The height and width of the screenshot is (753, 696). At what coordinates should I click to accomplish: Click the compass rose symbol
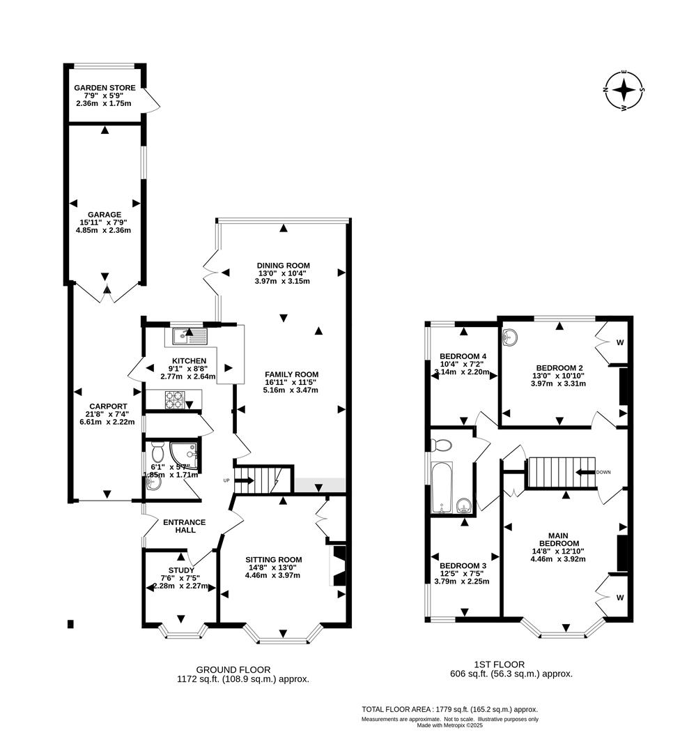(625, 91)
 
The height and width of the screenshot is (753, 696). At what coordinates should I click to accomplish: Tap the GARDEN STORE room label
(105, 88)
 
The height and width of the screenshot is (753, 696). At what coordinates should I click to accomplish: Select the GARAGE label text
(105, 215)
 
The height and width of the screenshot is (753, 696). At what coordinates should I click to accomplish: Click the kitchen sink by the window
(190, 337)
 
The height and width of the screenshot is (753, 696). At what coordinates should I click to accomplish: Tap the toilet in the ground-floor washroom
(157, 447)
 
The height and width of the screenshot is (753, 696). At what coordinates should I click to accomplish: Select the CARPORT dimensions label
(107, 417)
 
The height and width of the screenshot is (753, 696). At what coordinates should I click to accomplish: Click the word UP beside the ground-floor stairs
(226, 480)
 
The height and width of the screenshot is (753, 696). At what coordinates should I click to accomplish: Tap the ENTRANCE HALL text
(184, 526)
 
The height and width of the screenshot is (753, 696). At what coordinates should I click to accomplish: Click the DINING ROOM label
(283, 266)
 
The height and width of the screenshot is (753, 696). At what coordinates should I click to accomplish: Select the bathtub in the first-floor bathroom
(442, 486)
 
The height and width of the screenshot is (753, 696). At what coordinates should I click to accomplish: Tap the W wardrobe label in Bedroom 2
(619, 342)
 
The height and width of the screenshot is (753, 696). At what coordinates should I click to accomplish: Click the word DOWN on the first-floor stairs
(603, 472)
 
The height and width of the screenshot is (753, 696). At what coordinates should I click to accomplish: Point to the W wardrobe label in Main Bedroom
(619, 598)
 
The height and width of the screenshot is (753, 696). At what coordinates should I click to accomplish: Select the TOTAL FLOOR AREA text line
(449, 709)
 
